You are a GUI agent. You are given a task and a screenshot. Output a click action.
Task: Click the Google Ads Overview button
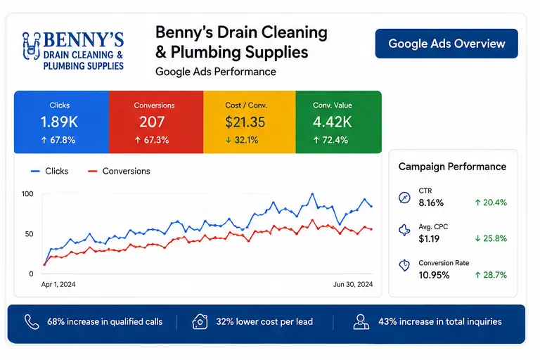pos(446,44)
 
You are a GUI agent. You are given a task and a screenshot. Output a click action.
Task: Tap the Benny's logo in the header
pos(73,51)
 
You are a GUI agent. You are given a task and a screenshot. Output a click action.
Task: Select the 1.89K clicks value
pos(59,122)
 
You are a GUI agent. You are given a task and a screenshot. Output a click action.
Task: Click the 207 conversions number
pos(152,122)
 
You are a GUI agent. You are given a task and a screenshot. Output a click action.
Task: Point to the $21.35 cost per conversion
pos(245,122)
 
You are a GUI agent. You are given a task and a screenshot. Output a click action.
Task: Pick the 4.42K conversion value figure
pos(333,122)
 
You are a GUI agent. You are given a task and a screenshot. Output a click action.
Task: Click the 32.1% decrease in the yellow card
pos(242,140)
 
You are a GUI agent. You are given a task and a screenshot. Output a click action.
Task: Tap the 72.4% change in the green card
pos(330,140)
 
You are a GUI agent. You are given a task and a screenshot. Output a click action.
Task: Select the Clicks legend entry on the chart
pos(50,172)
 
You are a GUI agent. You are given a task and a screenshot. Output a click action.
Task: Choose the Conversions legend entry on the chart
pos(119,172)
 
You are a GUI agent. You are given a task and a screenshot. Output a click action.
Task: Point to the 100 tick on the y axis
pos(27,194)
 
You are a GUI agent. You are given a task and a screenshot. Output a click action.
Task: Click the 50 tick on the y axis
pos(30,234)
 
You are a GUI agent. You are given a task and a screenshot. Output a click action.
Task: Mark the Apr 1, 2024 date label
pos(58,284)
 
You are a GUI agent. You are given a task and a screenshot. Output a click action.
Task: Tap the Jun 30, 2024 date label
pos(353,284)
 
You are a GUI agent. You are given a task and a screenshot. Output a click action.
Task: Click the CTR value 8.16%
pos(431,202)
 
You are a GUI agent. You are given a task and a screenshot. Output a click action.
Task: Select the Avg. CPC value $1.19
pos(429,239)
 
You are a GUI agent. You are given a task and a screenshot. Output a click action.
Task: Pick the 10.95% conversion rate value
pos(435,275)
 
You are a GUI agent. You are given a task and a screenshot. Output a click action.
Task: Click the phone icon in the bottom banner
pos(32,322)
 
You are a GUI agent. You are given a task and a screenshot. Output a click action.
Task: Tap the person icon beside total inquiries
pos(361,322)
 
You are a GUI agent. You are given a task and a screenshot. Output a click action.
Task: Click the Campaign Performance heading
pos(452,167)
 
